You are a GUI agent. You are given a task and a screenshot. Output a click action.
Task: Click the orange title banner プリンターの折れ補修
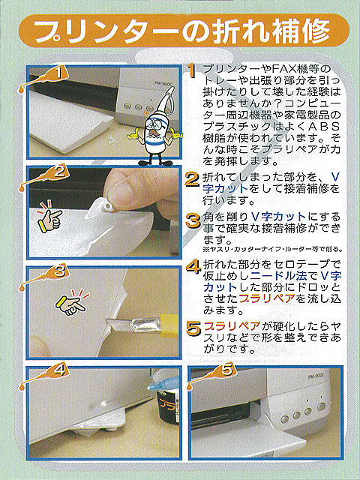pyautogui.click(x=184, y=31)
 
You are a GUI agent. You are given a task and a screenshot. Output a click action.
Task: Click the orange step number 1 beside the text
pyautogui.click(x=192, y=71)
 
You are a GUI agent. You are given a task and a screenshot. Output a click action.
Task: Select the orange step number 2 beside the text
pyautogui.click(x=193, y=180)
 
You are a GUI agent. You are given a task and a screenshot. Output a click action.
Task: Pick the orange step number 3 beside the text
pyautogui.click(x=193, y=220)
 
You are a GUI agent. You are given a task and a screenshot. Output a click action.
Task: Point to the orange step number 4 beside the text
pyautogui.click(x=193, y=267)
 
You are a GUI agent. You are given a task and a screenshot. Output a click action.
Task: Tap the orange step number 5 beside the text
pyautogui.click(x=193, y=329)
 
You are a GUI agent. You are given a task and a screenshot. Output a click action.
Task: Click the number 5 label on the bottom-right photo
pyautogui.click(x=227, y=370)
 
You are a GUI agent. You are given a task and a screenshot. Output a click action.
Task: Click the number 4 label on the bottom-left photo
pyautogui.click(x=59, y=371)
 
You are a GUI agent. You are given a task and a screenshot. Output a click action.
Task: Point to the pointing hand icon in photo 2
pyautogui.click(x=49, y=216)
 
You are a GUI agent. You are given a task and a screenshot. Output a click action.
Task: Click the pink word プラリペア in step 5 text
pyautogui.click(x=232, y=325)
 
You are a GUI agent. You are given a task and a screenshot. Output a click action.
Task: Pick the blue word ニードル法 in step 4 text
pyautogui.click(x=278, y=275)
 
